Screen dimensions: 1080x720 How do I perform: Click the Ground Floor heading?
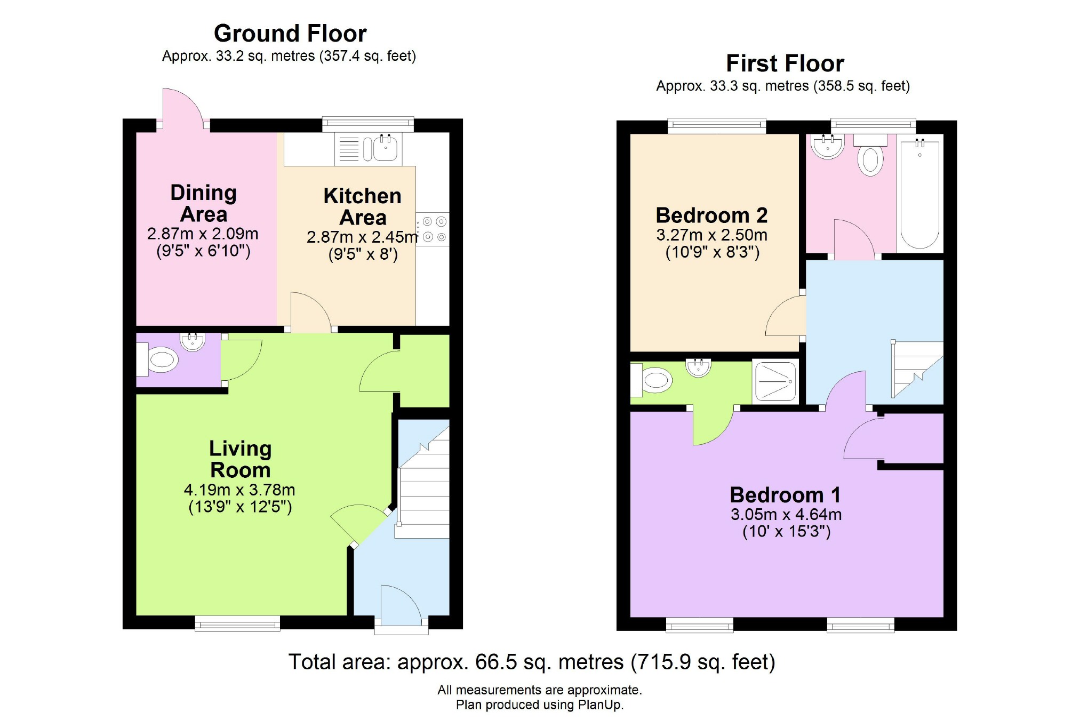pyautogui.click(x=290, y=34)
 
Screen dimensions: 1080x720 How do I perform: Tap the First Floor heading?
pyautogui.click(x=785, y=63)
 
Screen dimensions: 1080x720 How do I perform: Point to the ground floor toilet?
pyautogui.click(x=158, y=360)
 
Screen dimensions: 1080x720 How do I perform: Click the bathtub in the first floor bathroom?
pyautogui.click(x=920, y=193)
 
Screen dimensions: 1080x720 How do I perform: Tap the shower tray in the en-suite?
pyautogui.click(x=775, y=381)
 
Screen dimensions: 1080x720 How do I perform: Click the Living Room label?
pyautogui.click(x=241, y=459)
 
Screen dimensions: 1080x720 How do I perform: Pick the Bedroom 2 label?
pyautogui.click(x=711, y=215)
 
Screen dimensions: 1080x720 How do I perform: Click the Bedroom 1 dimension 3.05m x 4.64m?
pyautogui.click(x=786, y=515)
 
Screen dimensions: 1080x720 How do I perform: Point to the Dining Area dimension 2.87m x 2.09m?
pyautogui.click(x=203, y=234)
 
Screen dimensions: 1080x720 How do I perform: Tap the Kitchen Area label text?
pyautogui.click(x=363, y=207)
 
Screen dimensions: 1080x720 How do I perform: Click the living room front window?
pyautogui.click(x=237, y=623)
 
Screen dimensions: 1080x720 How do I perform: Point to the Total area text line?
pyautogui.click(x=532, y=662)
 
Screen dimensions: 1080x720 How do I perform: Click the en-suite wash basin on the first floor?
pyautogui.click(x=699, y=367)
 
